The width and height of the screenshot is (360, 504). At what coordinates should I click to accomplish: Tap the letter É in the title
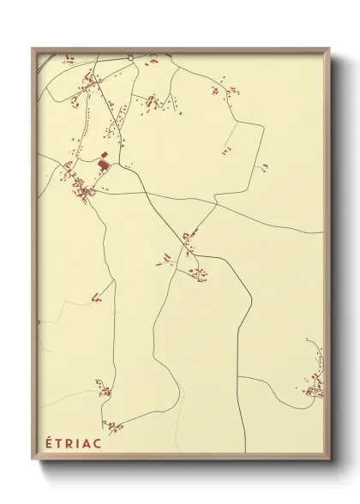[x=48, y=442]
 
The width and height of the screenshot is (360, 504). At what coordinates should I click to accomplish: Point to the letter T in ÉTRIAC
[x=58, y=442]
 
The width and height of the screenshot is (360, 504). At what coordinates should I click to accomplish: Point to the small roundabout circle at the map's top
[x=129, y=57]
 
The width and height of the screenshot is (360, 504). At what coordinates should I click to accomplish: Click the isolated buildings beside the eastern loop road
[x=265, y=165]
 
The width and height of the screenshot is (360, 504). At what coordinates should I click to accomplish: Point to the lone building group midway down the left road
[x=96, y=299]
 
